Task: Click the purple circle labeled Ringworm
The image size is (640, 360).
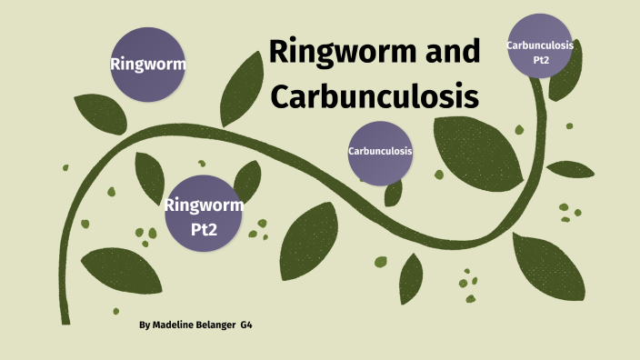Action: [x=148, y=64]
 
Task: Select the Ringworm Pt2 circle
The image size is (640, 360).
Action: [x=204, y=215]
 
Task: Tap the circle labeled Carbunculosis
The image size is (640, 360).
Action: [x=380, y=151]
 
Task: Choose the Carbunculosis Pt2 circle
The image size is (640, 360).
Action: [x=540, y=52]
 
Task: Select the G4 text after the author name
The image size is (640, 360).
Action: [x=246, y=325]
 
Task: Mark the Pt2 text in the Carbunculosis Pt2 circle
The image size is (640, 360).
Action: [x=540, y=60]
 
